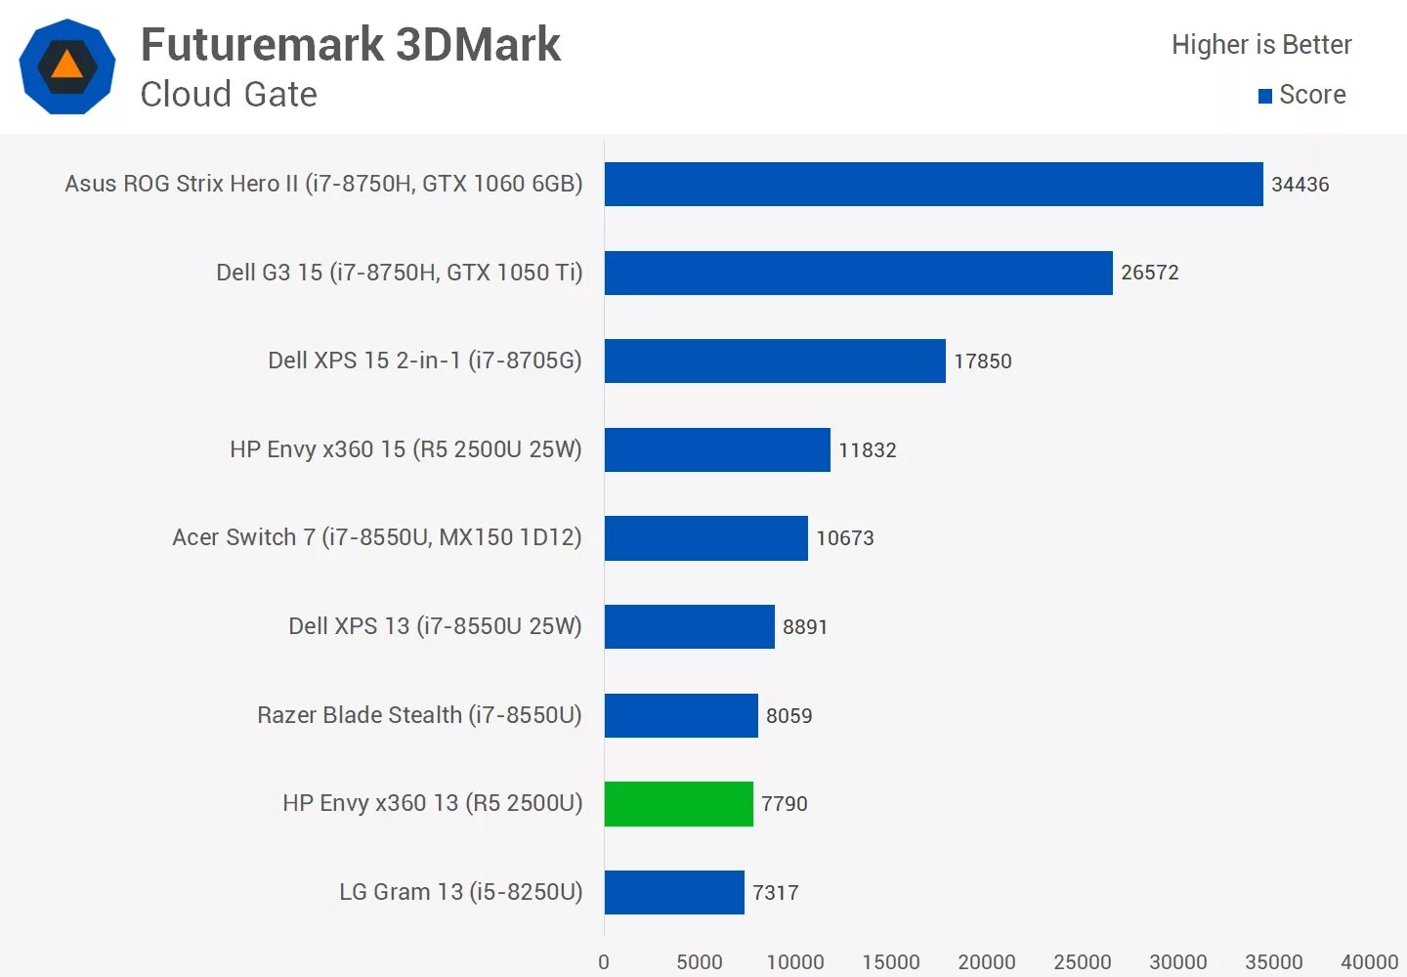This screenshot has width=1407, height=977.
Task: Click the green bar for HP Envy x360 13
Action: (x=678, y=804)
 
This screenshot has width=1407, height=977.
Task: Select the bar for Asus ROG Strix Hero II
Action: (x=933, y=184)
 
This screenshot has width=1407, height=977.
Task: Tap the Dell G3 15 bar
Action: (x=858, y=273)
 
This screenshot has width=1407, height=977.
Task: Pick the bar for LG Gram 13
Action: (x=674, y=892)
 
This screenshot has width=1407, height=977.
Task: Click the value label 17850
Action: (x=983, y=361)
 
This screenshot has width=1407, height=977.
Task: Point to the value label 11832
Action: (x=868, y=450)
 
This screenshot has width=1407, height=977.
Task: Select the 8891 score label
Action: (x=805, y=627)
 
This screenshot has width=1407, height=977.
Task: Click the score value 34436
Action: (x=1300, y=185)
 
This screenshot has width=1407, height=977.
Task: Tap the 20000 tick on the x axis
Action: (x=987, y=962)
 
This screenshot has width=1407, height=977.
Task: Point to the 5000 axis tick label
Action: (x=700, y=962)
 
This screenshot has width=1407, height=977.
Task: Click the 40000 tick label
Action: (x=1369, y=962)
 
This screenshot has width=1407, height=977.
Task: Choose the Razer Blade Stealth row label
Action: (x=419, y=715)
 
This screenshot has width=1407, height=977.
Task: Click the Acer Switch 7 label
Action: (x=377, y=537)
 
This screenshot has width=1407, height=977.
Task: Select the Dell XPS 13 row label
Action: (x=435, y=626)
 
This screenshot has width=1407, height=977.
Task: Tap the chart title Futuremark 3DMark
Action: (x=351, y=45)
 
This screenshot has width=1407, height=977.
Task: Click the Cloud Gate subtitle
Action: (x=229, y=95)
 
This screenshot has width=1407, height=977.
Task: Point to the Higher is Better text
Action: (x=1261, y=45)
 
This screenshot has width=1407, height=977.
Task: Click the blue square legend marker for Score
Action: (x=1265, y=96)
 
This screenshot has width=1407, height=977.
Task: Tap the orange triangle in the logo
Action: (x=66, y=64)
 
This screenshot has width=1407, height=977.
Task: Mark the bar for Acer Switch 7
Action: (x=705, y=538)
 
